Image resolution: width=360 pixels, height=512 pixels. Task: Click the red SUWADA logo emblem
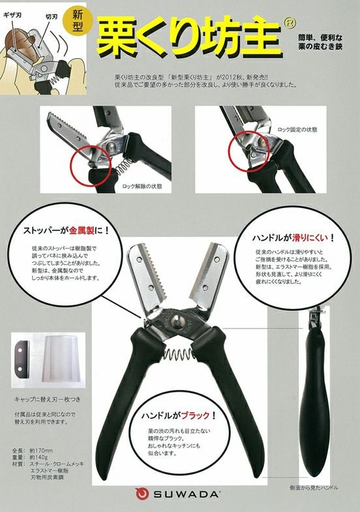(141, 494)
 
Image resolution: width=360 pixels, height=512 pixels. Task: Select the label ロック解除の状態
(142, 186)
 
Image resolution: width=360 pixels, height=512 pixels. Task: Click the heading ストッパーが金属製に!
(67, 230)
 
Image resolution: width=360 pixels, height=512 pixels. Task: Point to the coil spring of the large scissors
(175, 356)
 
